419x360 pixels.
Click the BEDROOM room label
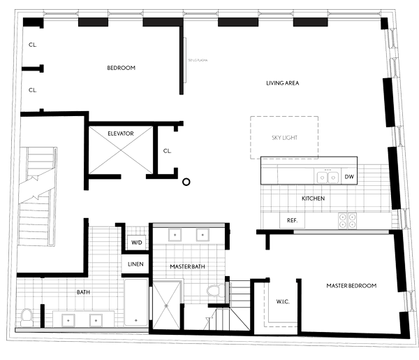coord(121,68)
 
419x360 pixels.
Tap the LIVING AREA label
coord(283,83)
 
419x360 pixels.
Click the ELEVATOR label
coord(121,133)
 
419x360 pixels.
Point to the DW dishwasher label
coord(349,177)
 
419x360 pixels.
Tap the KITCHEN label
coord(314,199)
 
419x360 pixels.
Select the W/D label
coord(136,243)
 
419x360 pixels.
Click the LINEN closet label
coord(135,264)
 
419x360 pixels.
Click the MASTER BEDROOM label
coord(351,286)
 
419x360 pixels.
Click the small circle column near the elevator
coord(186,182)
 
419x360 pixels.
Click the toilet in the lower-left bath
coord(27,316)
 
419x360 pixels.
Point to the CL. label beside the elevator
coord(167,150)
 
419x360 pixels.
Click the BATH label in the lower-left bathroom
coord(82,292)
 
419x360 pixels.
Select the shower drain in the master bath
coord(166,304)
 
